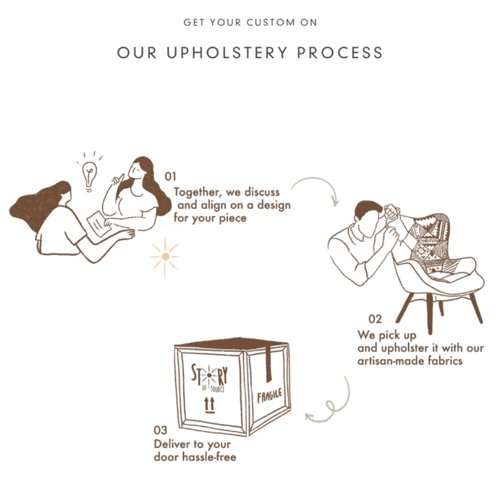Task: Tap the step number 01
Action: [170, 177]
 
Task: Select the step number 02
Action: [375, 319]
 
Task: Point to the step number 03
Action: [160, 430]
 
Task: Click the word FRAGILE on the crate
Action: [270, 396]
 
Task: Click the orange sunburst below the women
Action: [165, 257]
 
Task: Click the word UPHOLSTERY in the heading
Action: [227, 53]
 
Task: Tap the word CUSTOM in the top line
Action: [271, 23]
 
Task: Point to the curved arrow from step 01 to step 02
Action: [316, 182]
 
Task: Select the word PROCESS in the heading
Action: [340, 53]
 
